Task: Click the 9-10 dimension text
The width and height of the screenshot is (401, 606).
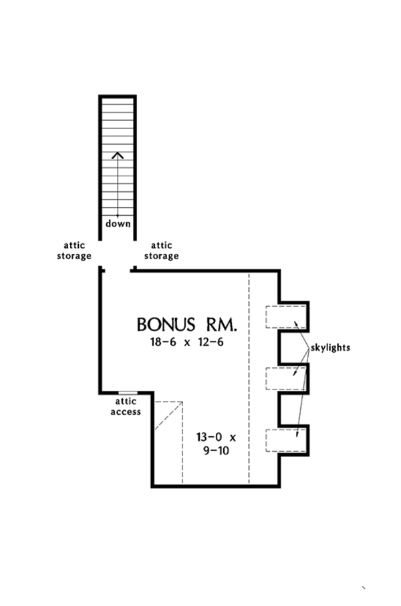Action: [215, 451]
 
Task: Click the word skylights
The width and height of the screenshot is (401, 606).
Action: [330, 348]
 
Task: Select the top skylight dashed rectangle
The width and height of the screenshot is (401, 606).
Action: [287, 317]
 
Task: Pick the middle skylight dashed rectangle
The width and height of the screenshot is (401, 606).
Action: [287, 379]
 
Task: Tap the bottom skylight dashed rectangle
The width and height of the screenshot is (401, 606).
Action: [287, 440]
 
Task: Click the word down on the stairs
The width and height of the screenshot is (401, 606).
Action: [118, 224]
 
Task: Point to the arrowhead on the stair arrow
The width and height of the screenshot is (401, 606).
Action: [118, 155]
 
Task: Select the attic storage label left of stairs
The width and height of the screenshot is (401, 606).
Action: [74, 251]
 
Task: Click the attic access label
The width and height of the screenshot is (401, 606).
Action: [126, 406]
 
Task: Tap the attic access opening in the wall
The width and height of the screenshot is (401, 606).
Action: [128, 392]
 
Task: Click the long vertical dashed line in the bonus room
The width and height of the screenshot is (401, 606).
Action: [249, 374]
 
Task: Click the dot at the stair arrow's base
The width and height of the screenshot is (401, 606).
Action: [118, 215]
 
